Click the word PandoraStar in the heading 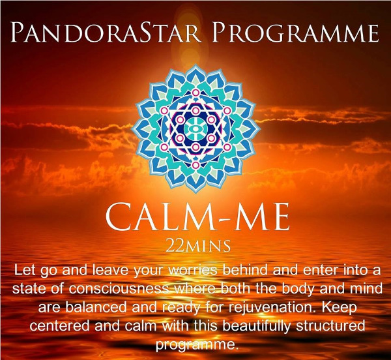106,33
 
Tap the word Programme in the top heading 295,33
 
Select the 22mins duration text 198,246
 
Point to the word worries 192,270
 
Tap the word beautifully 256,327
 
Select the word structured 330,326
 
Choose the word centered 59,326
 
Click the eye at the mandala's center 195,128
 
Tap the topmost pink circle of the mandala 195,93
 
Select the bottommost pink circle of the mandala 195,165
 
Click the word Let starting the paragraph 24,270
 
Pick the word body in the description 298,289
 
